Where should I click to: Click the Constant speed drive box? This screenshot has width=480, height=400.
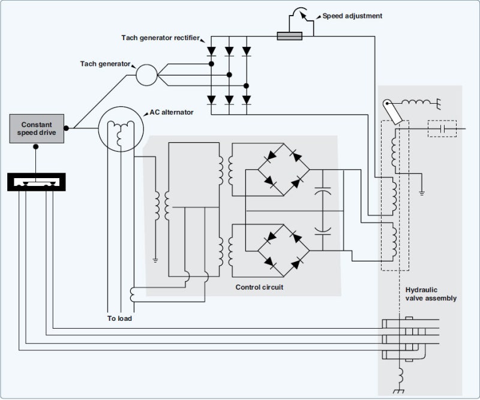coord(37,128)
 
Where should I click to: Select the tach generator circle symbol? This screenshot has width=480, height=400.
coord(145,74)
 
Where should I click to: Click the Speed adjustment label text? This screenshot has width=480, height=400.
coord(352,16)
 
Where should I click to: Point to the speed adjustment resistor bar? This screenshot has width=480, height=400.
coord(289,37)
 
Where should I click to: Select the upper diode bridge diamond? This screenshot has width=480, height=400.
coord(283,169)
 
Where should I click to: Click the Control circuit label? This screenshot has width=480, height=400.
coord(259,288)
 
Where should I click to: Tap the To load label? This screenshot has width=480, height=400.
coord(119,318)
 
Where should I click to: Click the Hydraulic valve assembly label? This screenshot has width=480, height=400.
coord(431,294)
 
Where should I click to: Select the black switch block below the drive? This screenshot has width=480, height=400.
coord(35,182)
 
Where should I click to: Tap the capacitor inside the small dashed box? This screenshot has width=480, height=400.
coord(442,128)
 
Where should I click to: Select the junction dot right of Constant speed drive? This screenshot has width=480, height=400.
coord(67,128)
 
